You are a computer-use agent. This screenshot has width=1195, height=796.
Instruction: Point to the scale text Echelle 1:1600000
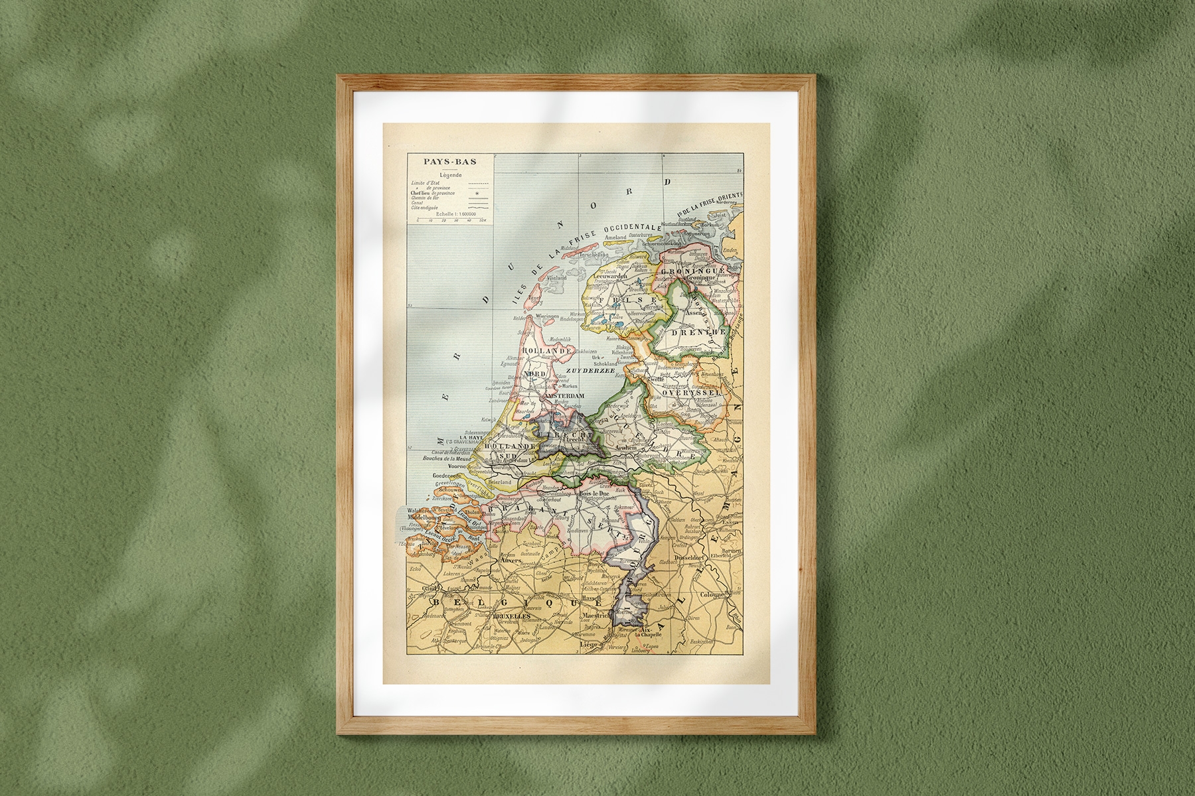click(x=449, y=214)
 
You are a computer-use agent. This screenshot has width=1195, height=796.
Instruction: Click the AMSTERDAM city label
click(x=564, y=396)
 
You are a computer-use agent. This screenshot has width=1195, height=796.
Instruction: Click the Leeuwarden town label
click(x=602, y=276)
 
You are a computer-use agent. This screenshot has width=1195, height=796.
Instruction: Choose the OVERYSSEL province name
click(x=691, y=393)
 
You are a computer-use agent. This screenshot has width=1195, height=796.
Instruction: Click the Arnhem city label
click(x=628, y=448)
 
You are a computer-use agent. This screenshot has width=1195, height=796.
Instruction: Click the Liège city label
click(x=590, y=643)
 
